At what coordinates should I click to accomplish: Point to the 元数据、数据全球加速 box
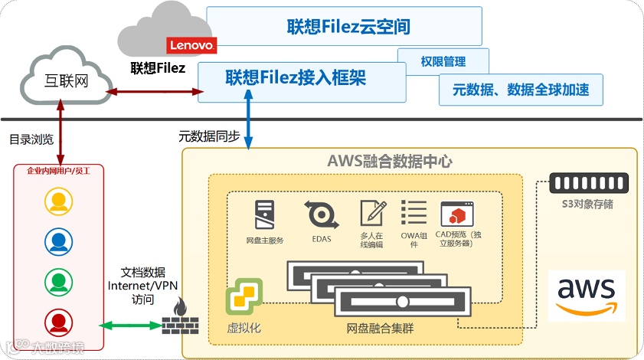(521, 90)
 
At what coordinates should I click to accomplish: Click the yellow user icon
(58, 201)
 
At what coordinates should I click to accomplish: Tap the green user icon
(58, 281)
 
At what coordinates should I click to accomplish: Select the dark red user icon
(58, 321)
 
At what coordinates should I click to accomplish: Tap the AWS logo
(587, 293)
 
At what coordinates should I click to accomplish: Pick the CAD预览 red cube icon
(454, 214)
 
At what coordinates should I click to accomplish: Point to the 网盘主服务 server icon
(264, 215)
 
